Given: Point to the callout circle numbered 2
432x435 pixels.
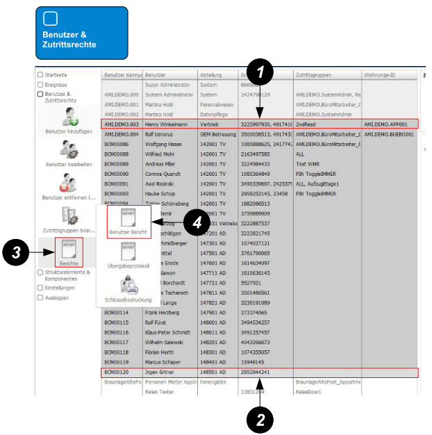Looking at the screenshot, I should (260, 419).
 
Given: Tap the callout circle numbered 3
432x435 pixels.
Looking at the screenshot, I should (15, 254).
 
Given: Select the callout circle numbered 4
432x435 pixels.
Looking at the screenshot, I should (198, 222).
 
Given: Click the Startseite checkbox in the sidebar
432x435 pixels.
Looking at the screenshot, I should (40, 74).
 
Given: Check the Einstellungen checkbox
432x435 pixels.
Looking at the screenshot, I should (40, 287).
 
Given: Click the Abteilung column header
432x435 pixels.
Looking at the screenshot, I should (211, 74).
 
